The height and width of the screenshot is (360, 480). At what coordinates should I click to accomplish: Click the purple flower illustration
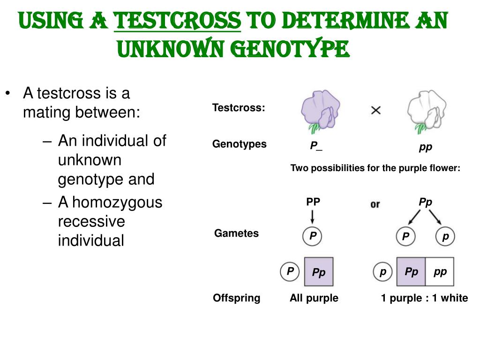pos(320,111)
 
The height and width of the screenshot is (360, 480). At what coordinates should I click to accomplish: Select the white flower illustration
pos(426,111)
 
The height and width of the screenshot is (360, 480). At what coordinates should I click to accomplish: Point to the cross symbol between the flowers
pos(376,111)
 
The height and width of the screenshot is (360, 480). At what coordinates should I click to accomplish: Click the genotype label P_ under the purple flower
pos(316,146)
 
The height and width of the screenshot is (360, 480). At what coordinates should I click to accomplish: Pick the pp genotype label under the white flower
pos(426,147)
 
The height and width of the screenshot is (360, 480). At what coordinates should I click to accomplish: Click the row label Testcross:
pos(239,108)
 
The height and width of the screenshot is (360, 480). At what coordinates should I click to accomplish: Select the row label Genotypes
pos(239,144)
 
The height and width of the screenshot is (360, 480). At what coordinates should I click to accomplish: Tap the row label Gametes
pos(236,233)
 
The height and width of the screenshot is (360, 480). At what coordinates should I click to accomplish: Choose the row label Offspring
pos(236,298)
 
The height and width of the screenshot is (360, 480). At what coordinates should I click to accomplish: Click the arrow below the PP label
pos(313,216)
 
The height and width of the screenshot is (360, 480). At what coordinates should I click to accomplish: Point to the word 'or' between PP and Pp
pos(375,204)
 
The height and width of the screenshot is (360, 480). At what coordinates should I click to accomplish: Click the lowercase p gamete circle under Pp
pos(445,237)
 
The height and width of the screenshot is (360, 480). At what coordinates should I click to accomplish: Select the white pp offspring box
pos(440,272)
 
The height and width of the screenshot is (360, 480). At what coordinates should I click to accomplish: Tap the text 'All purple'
pos(314,298)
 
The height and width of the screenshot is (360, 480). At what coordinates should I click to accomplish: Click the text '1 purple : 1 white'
pos(424,298)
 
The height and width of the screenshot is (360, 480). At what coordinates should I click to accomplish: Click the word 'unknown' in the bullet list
pos(90,160)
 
